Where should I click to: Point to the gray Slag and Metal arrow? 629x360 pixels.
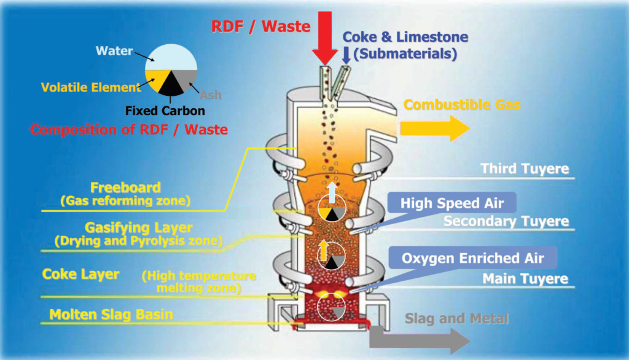tap(418, 338)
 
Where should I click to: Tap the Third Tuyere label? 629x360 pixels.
tap(524, 169)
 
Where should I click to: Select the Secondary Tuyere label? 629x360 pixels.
tap(506, 221)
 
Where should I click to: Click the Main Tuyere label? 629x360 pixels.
tap(525, 280)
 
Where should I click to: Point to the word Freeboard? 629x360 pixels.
tap(125, 187)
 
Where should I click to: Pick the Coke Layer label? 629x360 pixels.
tap(80, 274)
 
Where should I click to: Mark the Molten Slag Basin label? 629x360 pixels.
tap(111, 315)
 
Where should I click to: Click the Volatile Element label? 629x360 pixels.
tap(90, 87)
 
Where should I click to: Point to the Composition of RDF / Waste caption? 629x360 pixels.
tap(128, 130)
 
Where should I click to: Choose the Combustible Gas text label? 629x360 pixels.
tap(462, 105)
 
